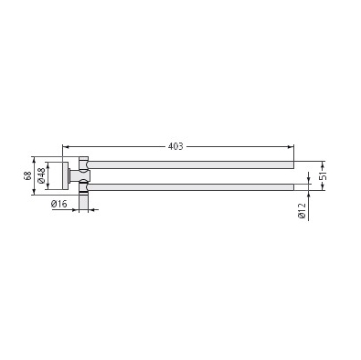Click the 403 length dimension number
coord(175,146)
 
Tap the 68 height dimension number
coord(28,175)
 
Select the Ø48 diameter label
coord(41,175)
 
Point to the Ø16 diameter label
coord(59,204)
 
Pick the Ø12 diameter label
coord(302,211)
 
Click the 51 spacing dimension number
coord(324,176)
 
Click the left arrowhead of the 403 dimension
coord(65,147)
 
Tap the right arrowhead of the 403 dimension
coord(291,147)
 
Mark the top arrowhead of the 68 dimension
coord(34,160)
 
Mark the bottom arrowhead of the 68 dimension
coord(34,192)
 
